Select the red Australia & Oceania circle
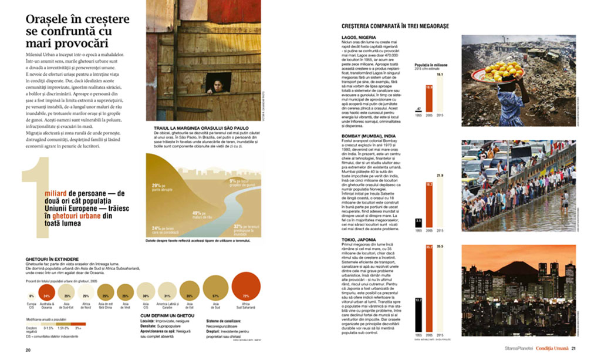47,295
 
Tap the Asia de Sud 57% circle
215,295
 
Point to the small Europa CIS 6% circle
31,296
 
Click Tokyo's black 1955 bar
418,316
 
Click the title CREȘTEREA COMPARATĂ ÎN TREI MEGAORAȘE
394,26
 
